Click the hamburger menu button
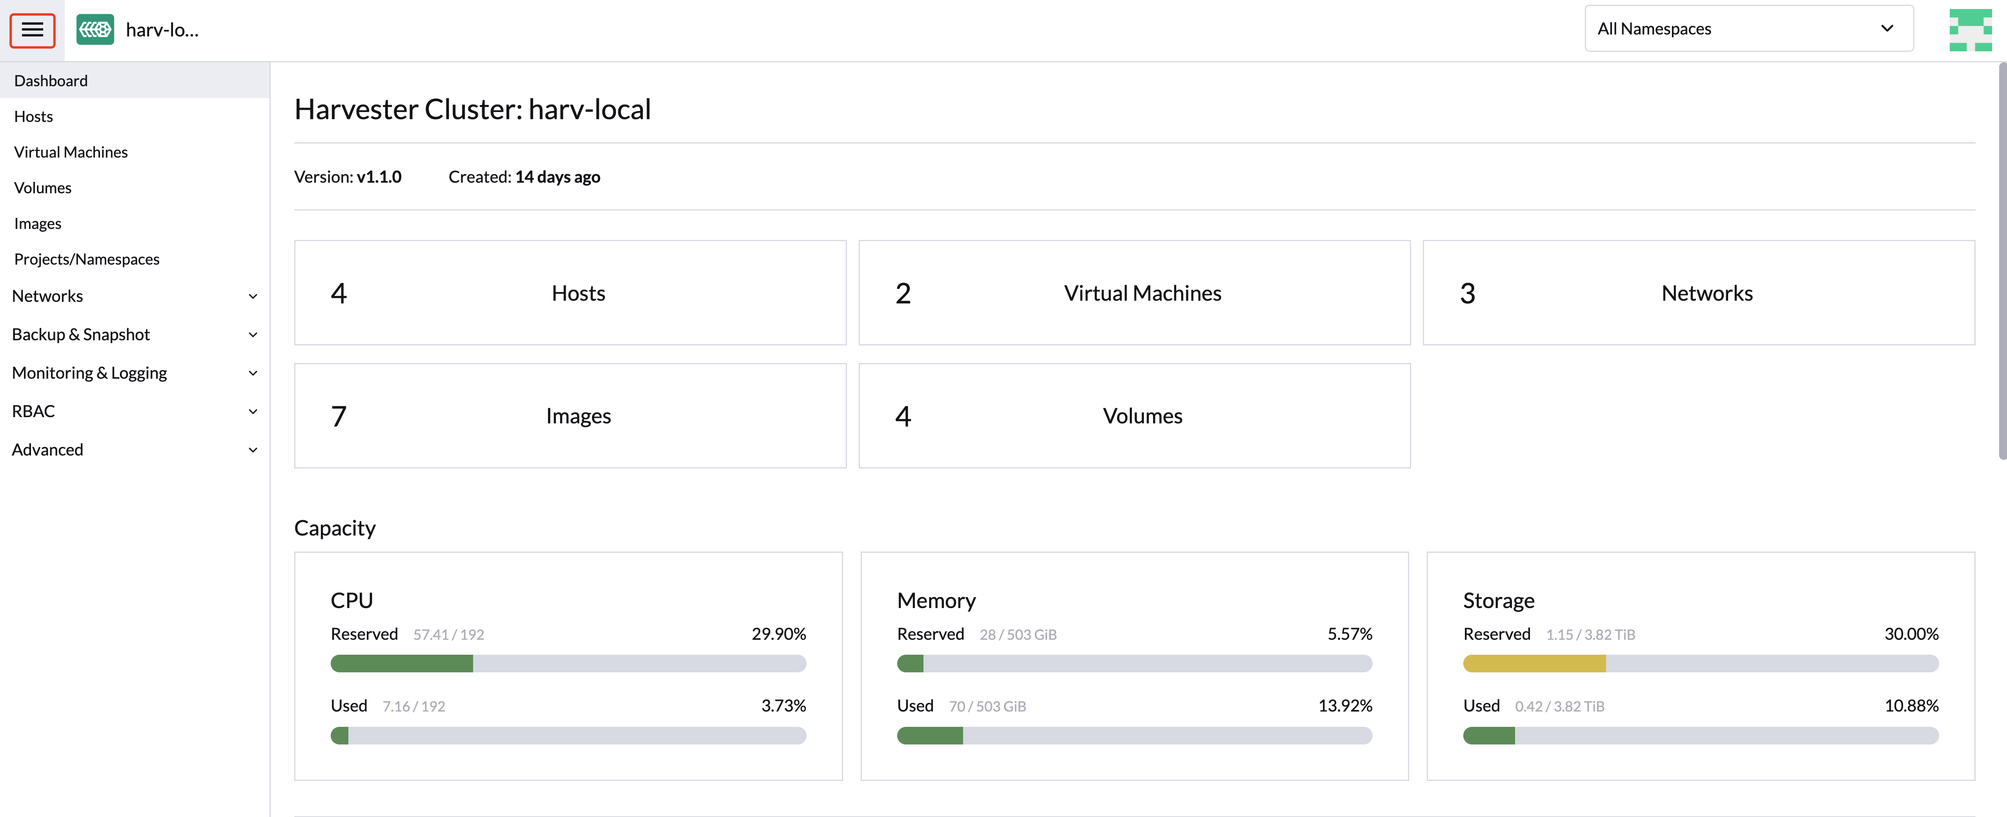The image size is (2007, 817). [x=32, y=30]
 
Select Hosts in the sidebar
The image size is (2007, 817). [x=33, y=117]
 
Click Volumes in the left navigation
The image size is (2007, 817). [x=43, y=188]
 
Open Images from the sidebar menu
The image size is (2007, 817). [x=37, y=223]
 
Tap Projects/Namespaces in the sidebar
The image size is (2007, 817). [x=86, y=260]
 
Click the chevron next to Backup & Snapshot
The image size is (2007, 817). [x=252, y=335]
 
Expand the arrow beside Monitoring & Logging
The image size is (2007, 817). [x=252, y=373]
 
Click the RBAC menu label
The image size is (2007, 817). [x=33, y=411]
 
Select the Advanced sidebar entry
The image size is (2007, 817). [x=47, y=450]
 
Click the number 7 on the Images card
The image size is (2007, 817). [x=338, y=417]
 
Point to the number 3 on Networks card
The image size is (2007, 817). [x=1467, y=294]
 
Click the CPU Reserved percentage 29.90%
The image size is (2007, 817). [x=778, y=634]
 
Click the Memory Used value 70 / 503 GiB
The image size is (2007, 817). [x=987, y=706]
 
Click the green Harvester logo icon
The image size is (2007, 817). [x=95, y=29]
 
